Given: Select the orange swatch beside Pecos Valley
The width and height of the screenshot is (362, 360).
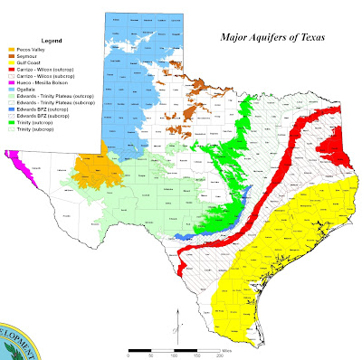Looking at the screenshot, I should (11, 50).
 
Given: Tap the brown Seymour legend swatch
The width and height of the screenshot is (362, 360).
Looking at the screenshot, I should (11, 57).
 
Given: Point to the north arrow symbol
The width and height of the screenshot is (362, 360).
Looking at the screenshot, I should (181, 317).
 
